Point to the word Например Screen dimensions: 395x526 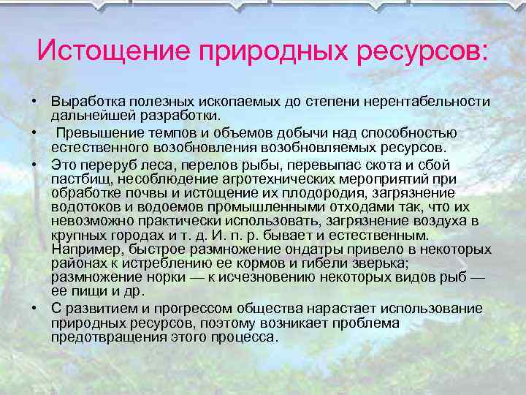[82, 249]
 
